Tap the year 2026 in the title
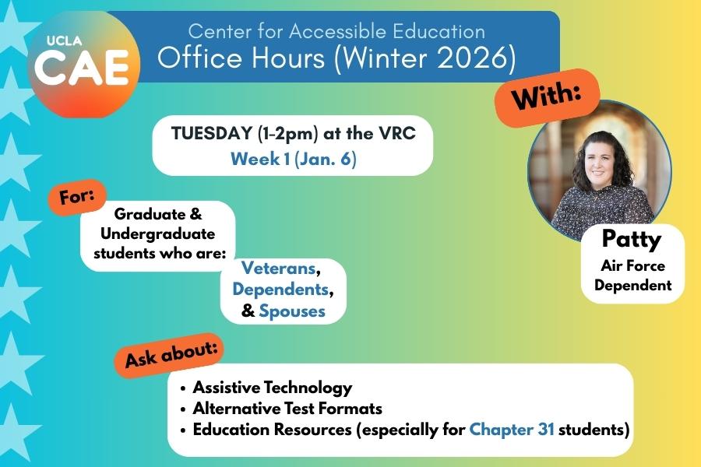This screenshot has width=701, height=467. coord(464,58)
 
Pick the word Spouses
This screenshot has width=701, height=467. coord(292,311)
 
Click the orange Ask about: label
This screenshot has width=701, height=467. coord(171,354)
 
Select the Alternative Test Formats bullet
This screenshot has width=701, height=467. coord(287,408)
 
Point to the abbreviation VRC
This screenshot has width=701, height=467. coord(396,133)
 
